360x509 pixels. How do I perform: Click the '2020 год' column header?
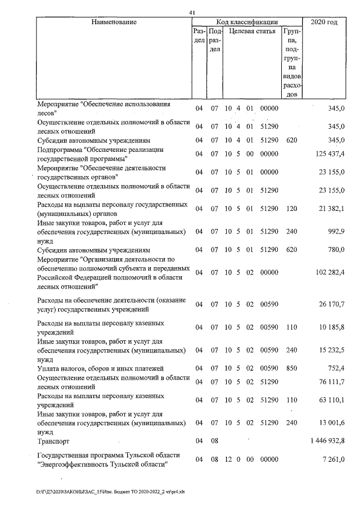coord(327,22)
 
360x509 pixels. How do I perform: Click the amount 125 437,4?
coord(329,154)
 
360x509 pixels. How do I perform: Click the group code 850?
coord(290,368)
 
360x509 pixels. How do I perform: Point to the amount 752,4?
coord(335,368)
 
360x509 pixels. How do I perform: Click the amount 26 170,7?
coord(331,304)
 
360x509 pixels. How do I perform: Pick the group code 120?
coord(290,209)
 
